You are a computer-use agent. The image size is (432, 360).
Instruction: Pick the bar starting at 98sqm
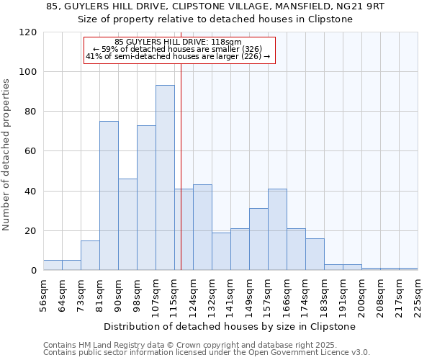click(146, 198)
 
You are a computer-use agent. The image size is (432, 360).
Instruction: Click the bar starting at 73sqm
click(90, 256)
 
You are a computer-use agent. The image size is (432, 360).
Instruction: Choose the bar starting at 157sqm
click(277, 230)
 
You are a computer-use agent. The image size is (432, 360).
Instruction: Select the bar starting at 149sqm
click(258, 240)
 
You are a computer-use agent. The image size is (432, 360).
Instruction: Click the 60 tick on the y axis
click(31, 151)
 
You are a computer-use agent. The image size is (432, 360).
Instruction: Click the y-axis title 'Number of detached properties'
click(7, 155)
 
